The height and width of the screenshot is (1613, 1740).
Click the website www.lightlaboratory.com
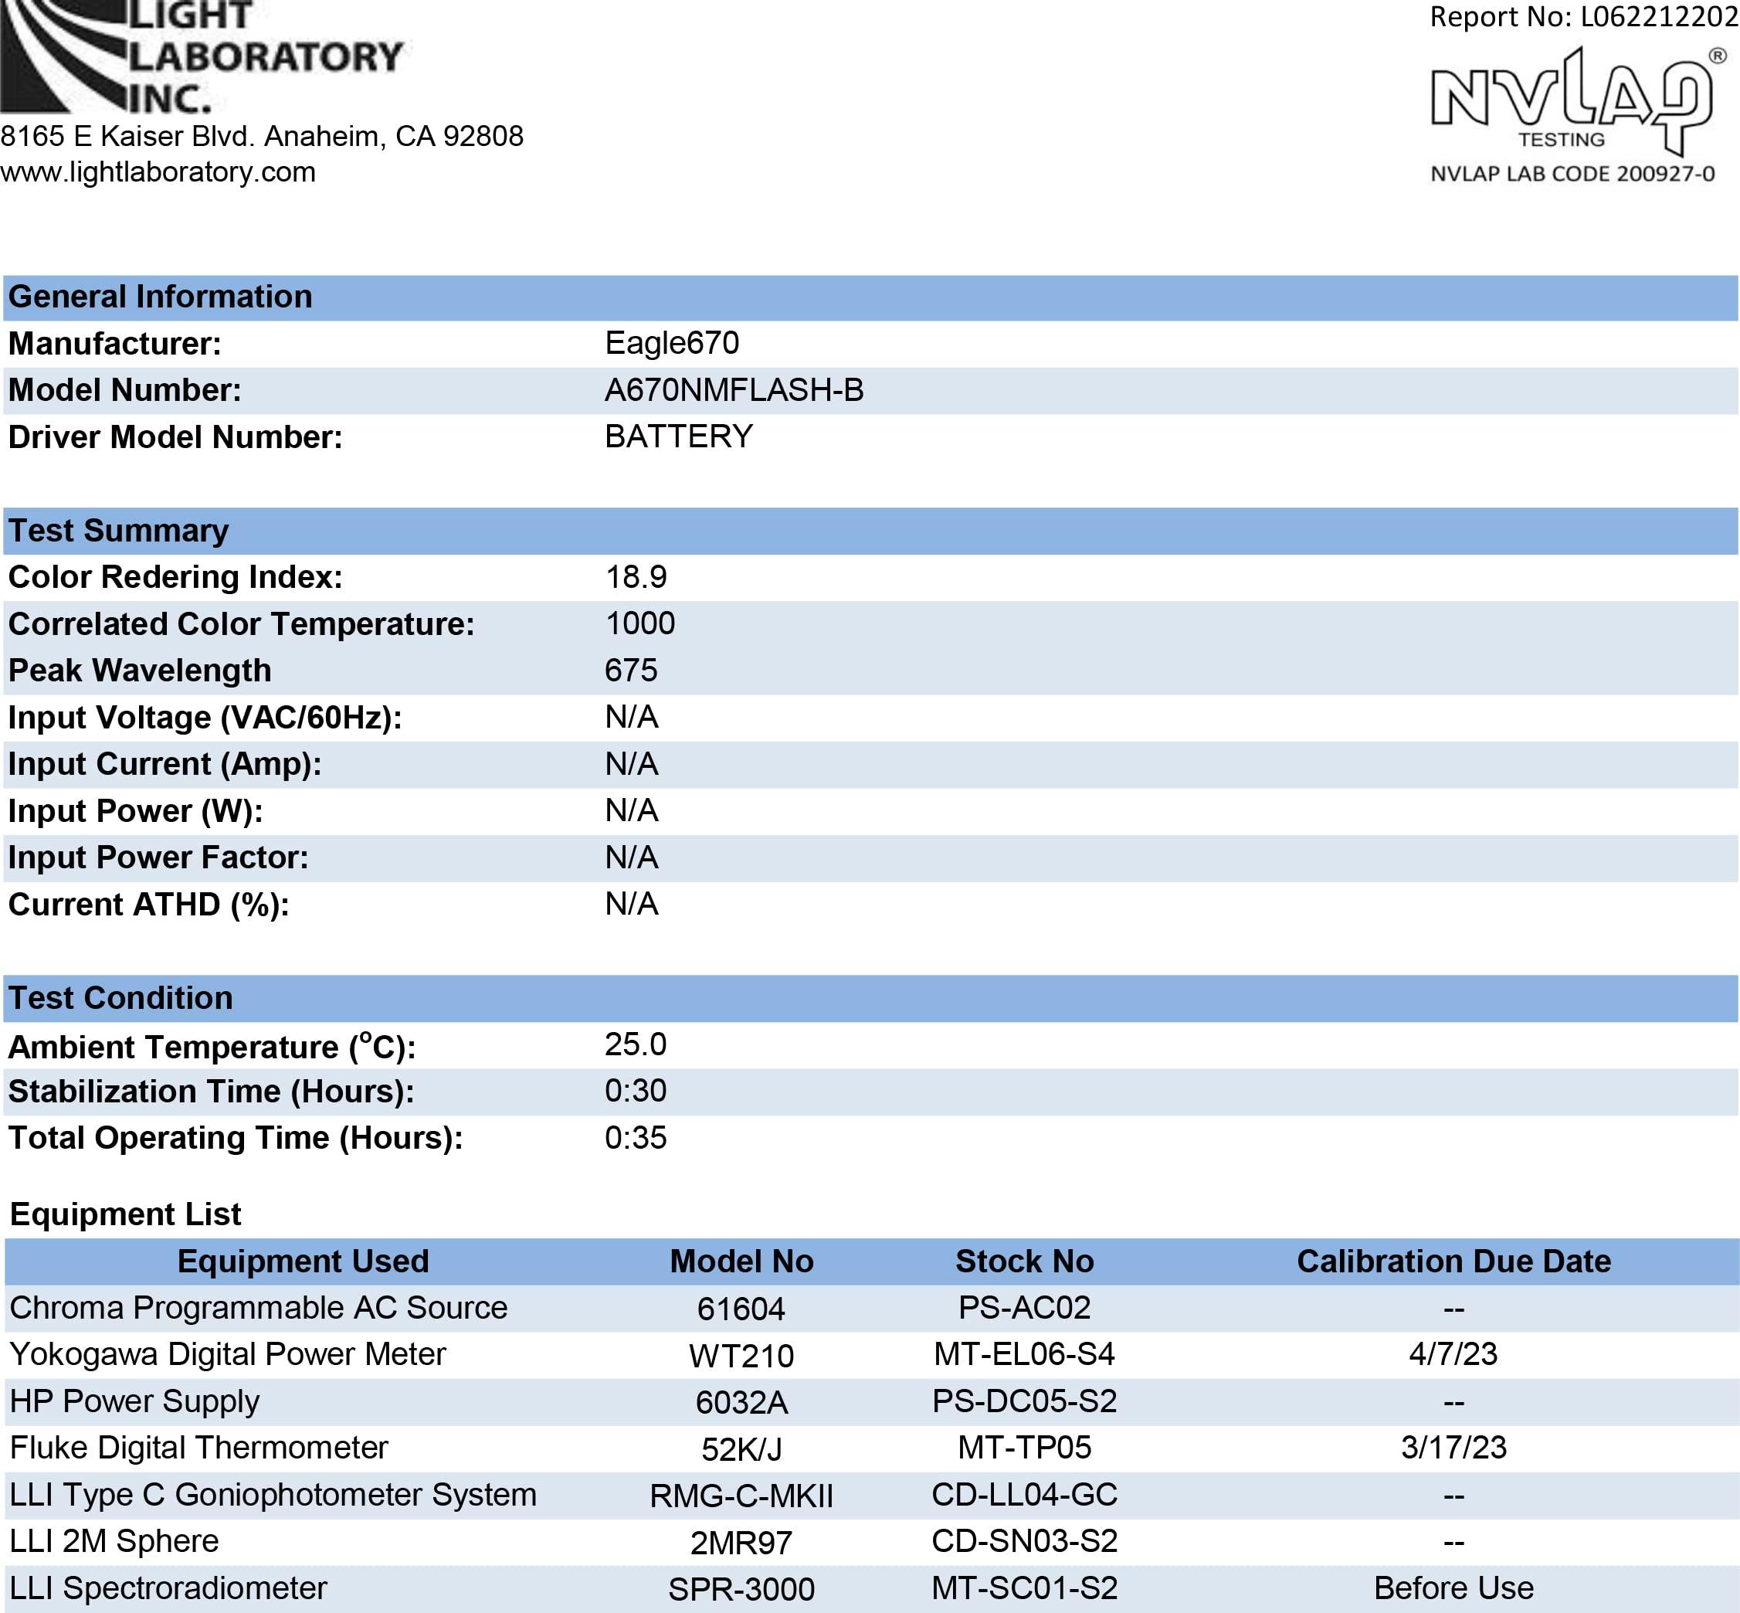[158, 172]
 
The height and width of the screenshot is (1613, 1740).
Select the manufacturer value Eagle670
[671, 343]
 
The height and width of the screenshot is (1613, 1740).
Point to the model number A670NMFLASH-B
[733, 390]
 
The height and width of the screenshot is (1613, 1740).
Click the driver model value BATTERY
[678, 436]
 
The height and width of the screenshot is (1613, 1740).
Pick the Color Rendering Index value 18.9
[636, 577]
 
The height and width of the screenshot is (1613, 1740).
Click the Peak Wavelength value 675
[630, 671]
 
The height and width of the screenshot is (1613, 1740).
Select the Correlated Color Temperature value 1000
[639, 623]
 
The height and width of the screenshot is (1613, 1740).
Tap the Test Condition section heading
[120, 997]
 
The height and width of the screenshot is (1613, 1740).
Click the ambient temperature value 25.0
[636, 1044]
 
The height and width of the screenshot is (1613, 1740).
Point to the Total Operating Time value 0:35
[636, 1137]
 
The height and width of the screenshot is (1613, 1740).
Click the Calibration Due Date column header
[1453, 1262]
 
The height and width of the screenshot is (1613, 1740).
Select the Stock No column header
[1023, 1262]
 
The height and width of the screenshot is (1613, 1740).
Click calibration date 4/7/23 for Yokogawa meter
[1453, 1353]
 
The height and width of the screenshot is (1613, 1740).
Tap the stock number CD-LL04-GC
[1023, 1494]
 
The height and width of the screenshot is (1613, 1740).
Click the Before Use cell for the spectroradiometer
[1453, 1588]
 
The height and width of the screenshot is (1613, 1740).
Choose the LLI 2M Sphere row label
[114, 1540]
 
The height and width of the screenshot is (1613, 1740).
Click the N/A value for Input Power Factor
[631, 857]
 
